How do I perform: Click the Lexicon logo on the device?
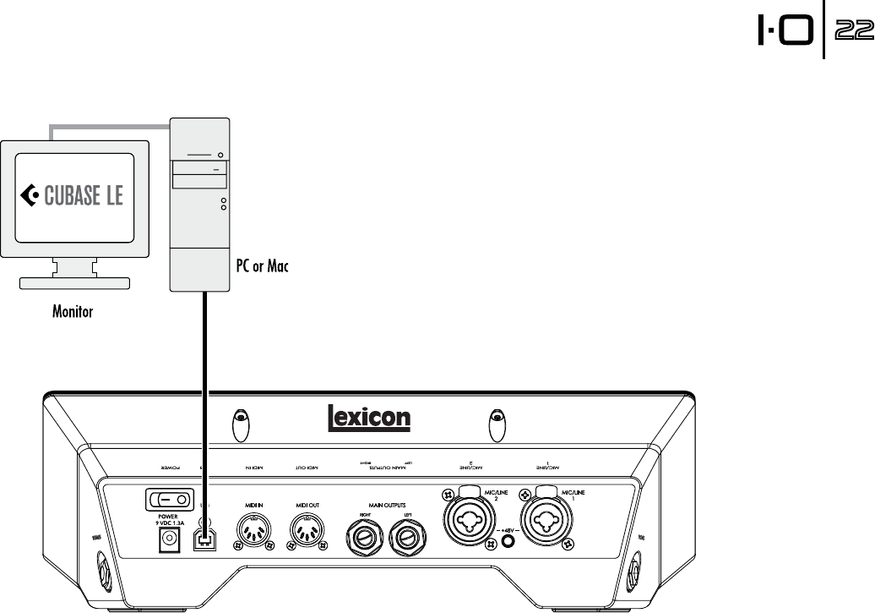click(368, 417)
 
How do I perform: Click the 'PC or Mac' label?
click(261, 266)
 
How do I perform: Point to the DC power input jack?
click(169, 545)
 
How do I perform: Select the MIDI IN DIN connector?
click(255, 534)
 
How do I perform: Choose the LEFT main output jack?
click(407, 536)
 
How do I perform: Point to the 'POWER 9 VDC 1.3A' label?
click(170, 519)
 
